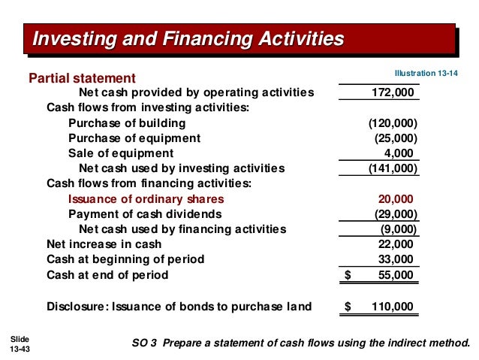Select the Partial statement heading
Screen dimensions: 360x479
pyautogui.click(x=82, y=78)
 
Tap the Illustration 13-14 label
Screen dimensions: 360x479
pyautogui.click(x=426, y=73)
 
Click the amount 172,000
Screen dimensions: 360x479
pyautogui.click(x=393, y=93)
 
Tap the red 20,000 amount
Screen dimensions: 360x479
pyautogui.click(x=395, y=199)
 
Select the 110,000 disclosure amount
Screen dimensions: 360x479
pyautogui.click(x=392, y=307)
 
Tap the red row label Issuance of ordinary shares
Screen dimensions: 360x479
pyautogui.click(x=146, y=199)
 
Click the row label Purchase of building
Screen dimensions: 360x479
pyautogui.click(x=127, y=123)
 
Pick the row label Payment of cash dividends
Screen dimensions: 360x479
pyautogui.click(x=142, y=214)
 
